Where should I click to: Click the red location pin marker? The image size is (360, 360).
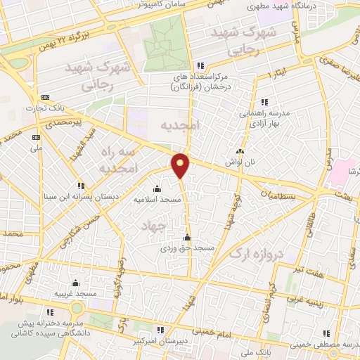(x=181, y=165)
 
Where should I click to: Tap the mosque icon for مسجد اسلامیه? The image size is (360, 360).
(x=157, y=188)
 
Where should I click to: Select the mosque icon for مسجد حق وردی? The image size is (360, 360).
(x=186, y=237)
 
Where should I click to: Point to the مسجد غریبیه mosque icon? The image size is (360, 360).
(x=75, y=283)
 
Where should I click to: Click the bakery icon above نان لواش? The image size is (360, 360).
(x=240, y=152)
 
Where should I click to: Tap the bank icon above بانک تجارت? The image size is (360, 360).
(x=46, y=97)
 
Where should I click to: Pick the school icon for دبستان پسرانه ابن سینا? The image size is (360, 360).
(x=80, y=186)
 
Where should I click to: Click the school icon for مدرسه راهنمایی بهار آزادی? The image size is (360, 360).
(x=264, y=102)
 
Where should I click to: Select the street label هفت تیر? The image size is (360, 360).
(x=309, y=271)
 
